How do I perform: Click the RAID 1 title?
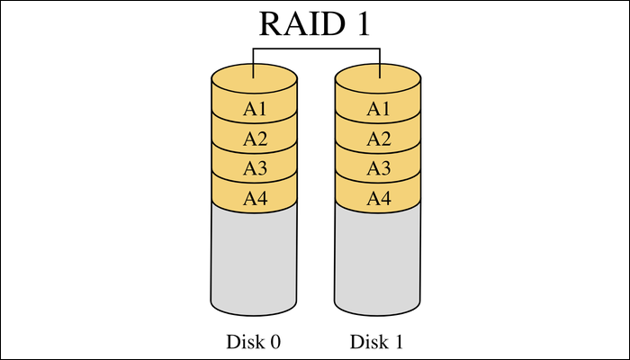[315, 23]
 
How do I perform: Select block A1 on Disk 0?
[255, 109]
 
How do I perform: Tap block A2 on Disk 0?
[255, 139]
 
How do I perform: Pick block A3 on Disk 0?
[255, 168]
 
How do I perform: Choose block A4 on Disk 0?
[255, 197]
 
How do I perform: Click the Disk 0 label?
[254, 342]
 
